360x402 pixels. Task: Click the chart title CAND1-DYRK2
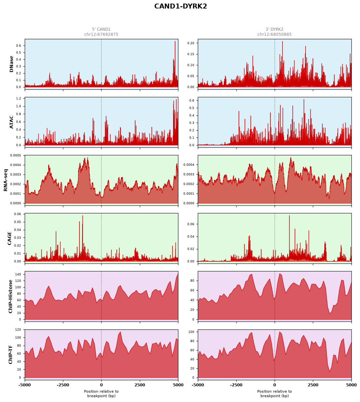180,6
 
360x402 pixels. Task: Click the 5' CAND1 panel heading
101,29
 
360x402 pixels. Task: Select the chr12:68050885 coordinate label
274,34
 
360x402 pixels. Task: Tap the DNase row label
11,64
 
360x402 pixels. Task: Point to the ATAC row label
11,122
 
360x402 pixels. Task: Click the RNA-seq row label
5,180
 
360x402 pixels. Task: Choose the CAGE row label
9,238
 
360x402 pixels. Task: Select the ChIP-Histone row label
10,296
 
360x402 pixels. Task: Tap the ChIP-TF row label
10,355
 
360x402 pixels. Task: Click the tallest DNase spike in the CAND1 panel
175,42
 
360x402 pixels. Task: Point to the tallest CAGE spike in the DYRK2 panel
289,216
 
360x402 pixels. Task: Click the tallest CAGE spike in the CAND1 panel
82,216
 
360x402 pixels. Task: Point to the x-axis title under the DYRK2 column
274,393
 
